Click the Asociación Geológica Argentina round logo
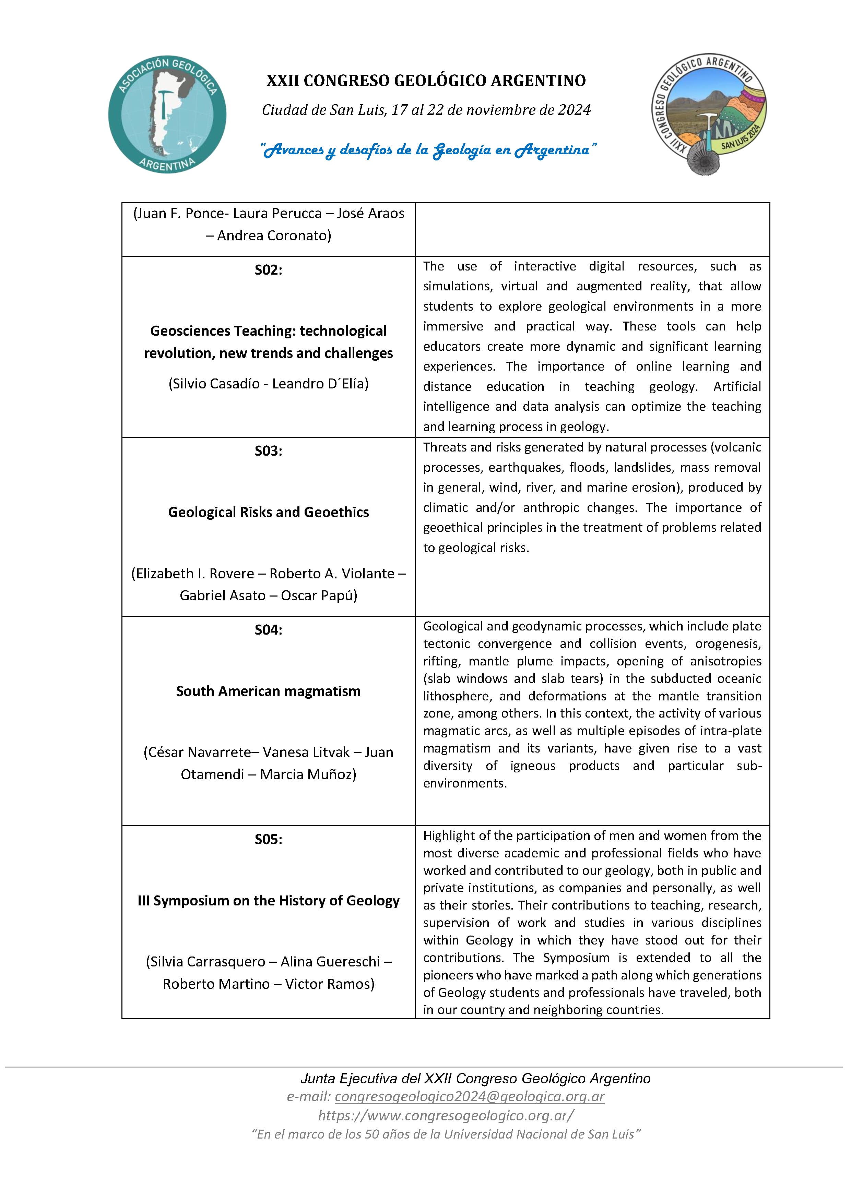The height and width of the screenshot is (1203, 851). coord(167,114)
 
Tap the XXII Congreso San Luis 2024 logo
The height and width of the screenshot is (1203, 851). coord(709,114)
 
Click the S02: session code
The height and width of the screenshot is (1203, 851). coord(269,270)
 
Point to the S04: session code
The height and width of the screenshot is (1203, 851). coord(269,629)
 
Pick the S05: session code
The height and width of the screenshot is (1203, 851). coord(269,839)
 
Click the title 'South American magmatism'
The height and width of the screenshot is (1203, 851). coord(269,691)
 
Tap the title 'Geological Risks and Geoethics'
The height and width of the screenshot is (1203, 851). coord(269,512)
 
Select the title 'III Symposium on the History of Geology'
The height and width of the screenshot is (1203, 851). coord(269,900)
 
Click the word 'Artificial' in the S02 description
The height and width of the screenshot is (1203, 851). coord(737,387)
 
